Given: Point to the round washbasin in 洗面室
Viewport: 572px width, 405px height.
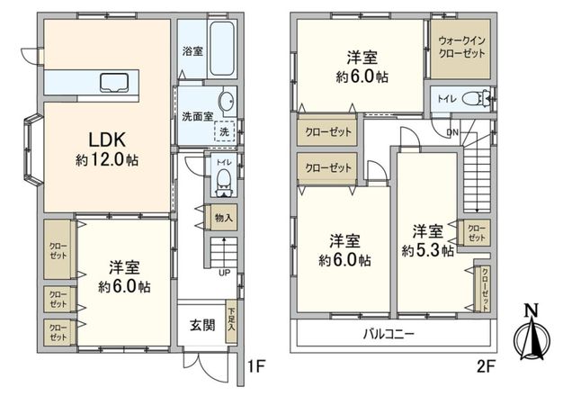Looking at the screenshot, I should (x=227, y=100).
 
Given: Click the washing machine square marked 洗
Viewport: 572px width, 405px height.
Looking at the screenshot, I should (x=222, y=131).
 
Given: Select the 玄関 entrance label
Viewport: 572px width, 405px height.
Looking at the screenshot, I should (x=201, y=325).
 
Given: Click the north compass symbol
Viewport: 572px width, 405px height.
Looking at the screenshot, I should (x=531, y=336).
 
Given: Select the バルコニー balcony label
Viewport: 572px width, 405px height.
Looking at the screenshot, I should (x=389, y=334).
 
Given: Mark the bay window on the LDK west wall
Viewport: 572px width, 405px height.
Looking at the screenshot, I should (x=31, y=148).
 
